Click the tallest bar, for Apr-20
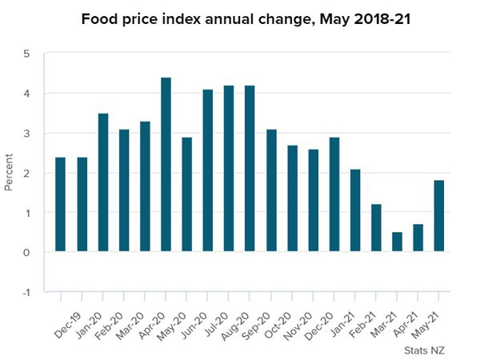[x=166, y=165]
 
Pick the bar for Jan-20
[x=102, y=183]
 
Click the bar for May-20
[x=186, y=194]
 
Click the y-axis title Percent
[x=10, y=174]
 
